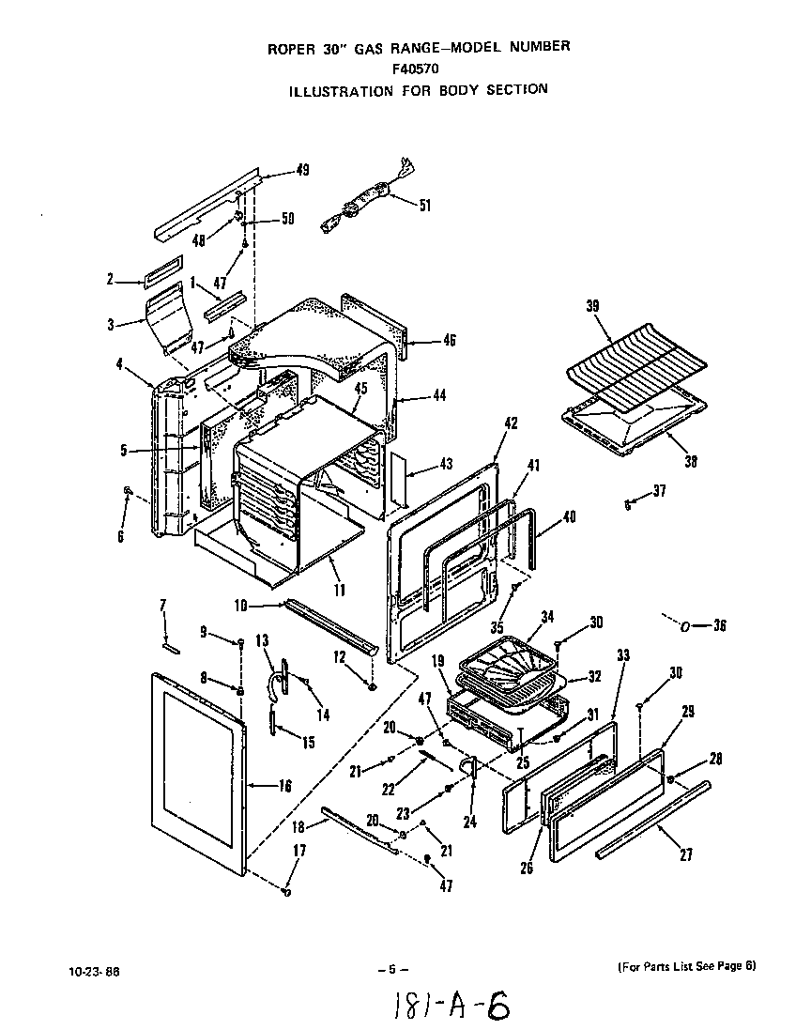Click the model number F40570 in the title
[x=417, y=68]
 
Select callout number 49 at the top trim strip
[x=302, y=170]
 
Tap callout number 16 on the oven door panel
[x=284, y=786]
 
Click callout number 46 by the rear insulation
[x=450, y=340]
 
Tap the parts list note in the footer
[x=686, y=966]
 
